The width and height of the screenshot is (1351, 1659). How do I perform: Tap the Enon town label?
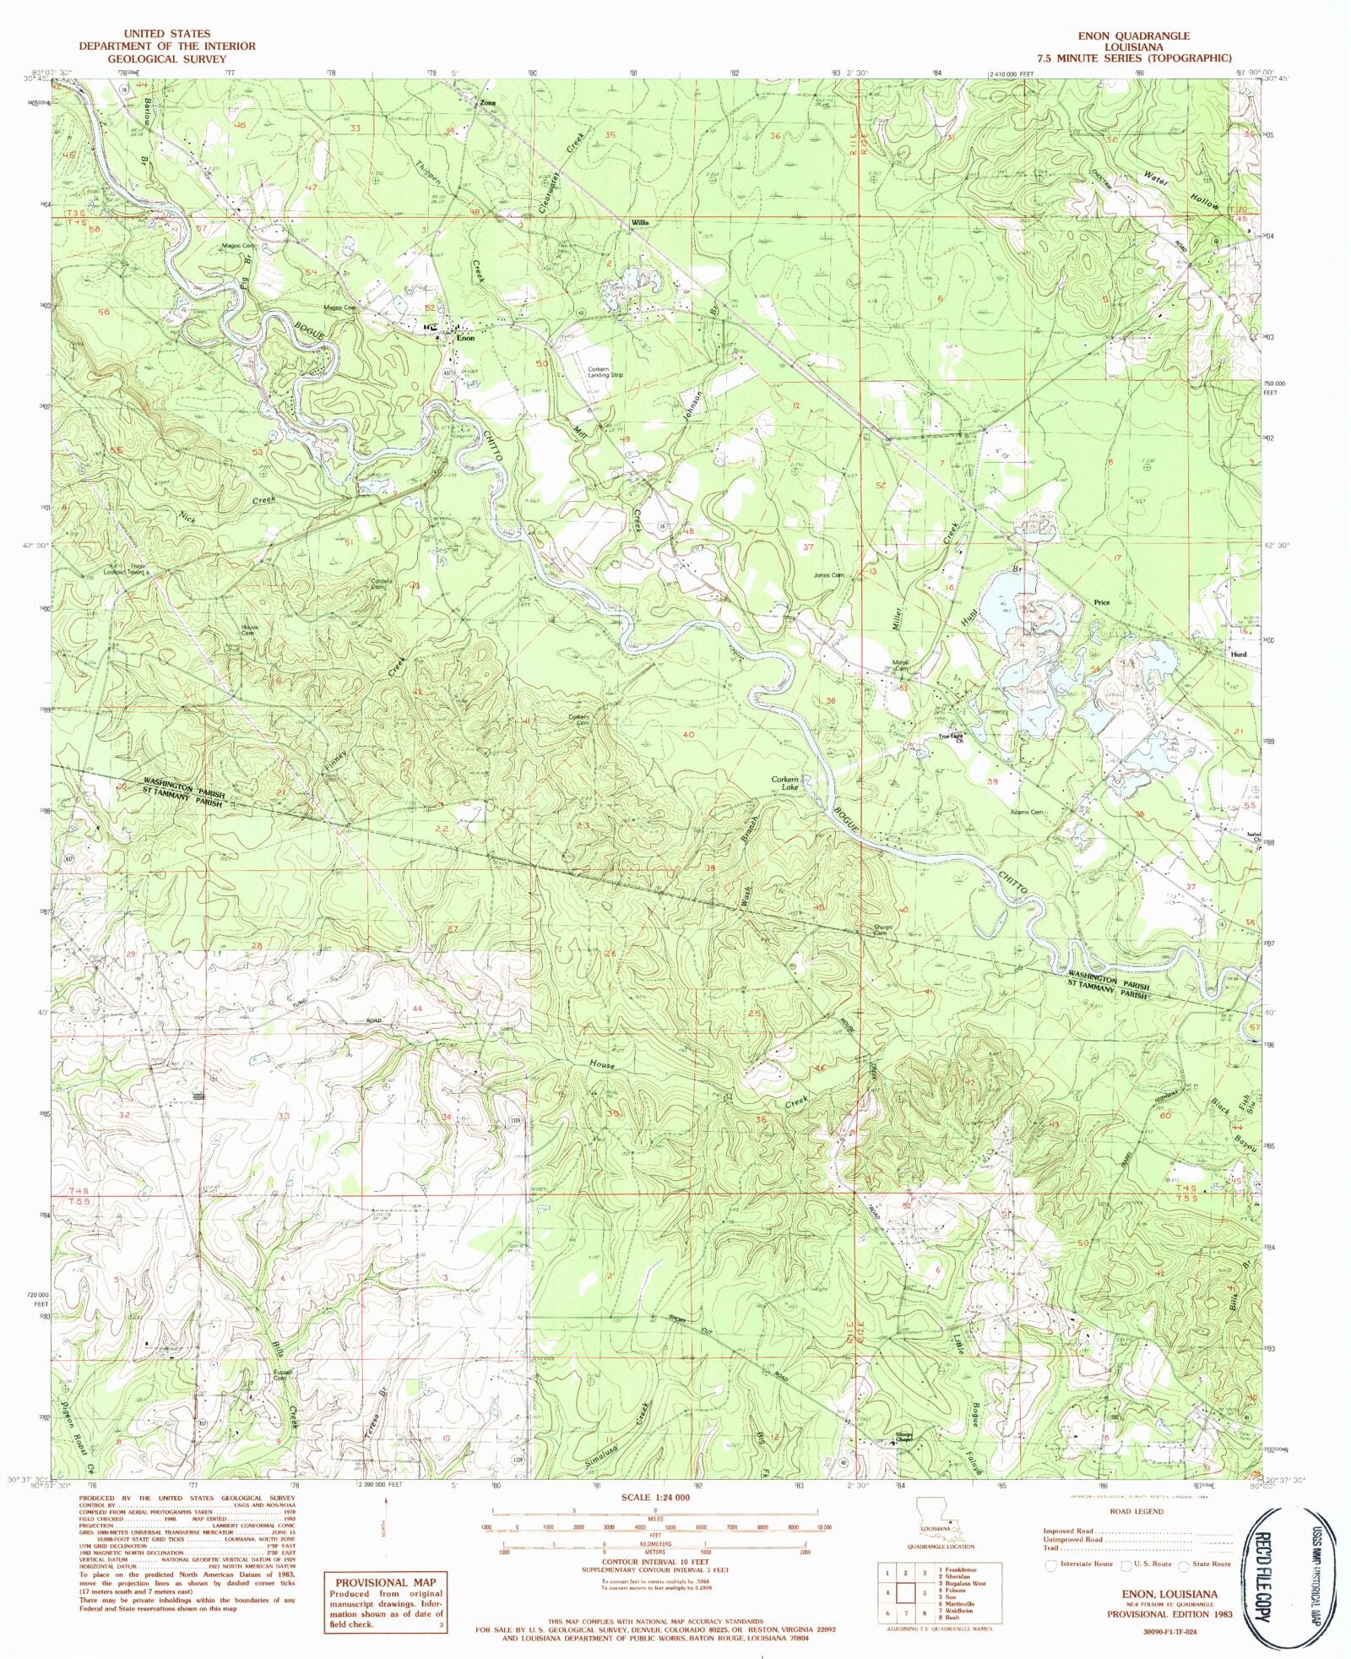pos(465,338)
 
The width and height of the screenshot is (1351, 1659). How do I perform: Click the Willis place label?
pos(638,222)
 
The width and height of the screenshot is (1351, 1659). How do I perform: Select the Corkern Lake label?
pos(784,783)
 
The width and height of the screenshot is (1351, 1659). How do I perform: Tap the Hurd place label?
pos(1238,654)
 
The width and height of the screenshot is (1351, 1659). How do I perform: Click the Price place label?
pos(1101,602)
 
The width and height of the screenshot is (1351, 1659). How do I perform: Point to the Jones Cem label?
pos(827,575)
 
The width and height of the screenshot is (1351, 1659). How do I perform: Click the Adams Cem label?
pos(1027,813)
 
